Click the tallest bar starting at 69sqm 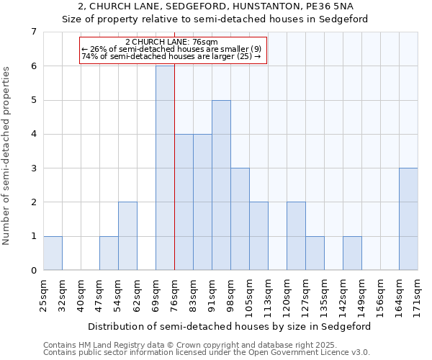pos(165,168)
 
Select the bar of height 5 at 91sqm pos(221,185)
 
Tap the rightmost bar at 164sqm pos(408,219)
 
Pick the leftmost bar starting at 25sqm pos(53,253)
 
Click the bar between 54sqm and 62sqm pos(127,236)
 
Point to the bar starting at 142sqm pos(352,253)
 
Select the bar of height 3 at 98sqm pos(240,219)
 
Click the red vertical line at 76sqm pos(174,180)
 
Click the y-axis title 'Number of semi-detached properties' pos(7,156)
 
